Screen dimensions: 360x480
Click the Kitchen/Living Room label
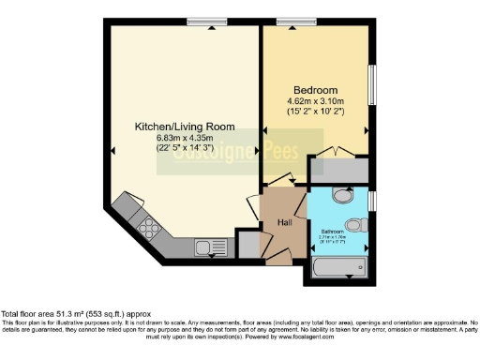[x=184, y=127]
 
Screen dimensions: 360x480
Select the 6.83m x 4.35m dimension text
[x=185, y=139]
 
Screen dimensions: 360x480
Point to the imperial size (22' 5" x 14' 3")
[x=185, y=149]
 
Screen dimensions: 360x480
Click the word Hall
[x=284, y=222]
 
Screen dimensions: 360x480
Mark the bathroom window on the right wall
[x=372, y=201]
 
